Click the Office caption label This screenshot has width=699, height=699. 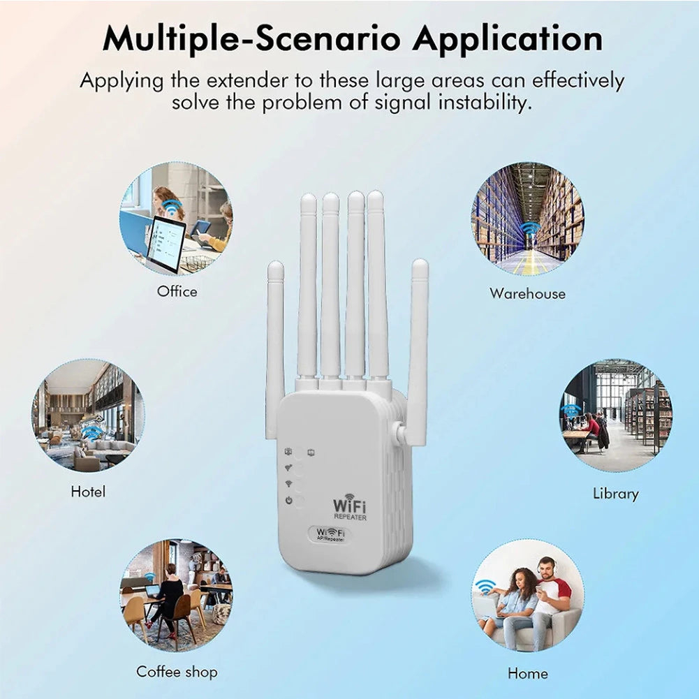click(177, 291)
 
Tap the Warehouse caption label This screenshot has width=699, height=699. click(527, 293)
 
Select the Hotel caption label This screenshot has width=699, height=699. click(88, 492)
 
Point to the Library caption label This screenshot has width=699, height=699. click(615, 494)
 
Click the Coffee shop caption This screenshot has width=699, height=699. click(177, 672)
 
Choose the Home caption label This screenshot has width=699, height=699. click(528, 673)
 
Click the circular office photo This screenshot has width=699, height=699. click(176, 219)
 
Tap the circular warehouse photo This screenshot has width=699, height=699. click(528, 219)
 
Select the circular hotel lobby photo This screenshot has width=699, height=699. click(88, 416)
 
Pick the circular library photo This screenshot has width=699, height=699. click(616, 416)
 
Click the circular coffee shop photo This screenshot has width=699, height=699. click(176, 594)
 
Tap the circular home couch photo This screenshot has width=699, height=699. click(528, 595)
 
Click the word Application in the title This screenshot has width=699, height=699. click(507, 38)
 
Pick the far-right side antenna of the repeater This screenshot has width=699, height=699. click(418, 349)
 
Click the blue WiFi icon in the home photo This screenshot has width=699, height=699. click(485, 586)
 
